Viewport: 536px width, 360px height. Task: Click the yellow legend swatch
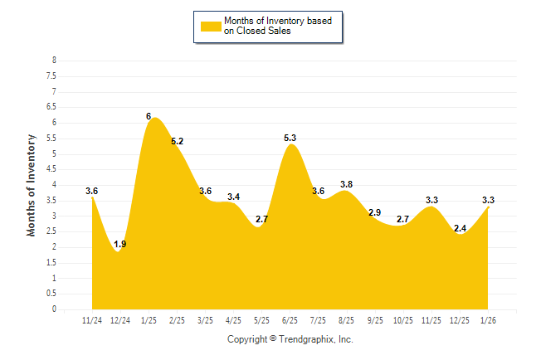[x=211, y=26]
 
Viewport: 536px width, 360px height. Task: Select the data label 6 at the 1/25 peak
[x=149, y=117]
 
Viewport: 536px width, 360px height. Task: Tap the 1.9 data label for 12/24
[x=119, y=244]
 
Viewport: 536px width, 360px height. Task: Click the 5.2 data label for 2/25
[x=177, y=142]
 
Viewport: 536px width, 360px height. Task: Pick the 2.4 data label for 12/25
[x=460, y=228]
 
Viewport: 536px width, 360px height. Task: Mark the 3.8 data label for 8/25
[x=346, y=184]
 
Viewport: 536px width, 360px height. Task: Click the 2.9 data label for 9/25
[x=374, y=213]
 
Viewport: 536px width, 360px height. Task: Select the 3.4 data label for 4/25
[x=233, y=197]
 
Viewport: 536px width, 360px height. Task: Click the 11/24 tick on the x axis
[x=91, y=319]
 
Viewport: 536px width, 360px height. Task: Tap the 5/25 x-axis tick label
[x=261, y=319]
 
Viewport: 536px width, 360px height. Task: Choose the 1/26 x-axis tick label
[x=488, y=319]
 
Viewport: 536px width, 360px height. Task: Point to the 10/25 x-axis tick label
[x=403, y=319]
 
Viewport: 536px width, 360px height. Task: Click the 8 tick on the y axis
[x=54, y=61]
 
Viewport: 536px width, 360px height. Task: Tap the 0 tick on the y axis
[x=54, y=309]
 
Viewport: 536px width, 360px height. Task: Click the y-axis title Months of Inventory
[x=32, y=185]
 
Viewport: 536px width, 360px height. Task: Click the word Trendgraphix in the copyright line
[x=307, y=339]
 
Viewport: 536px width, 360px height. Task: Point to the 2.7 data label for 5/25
[x=261, y=219]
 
